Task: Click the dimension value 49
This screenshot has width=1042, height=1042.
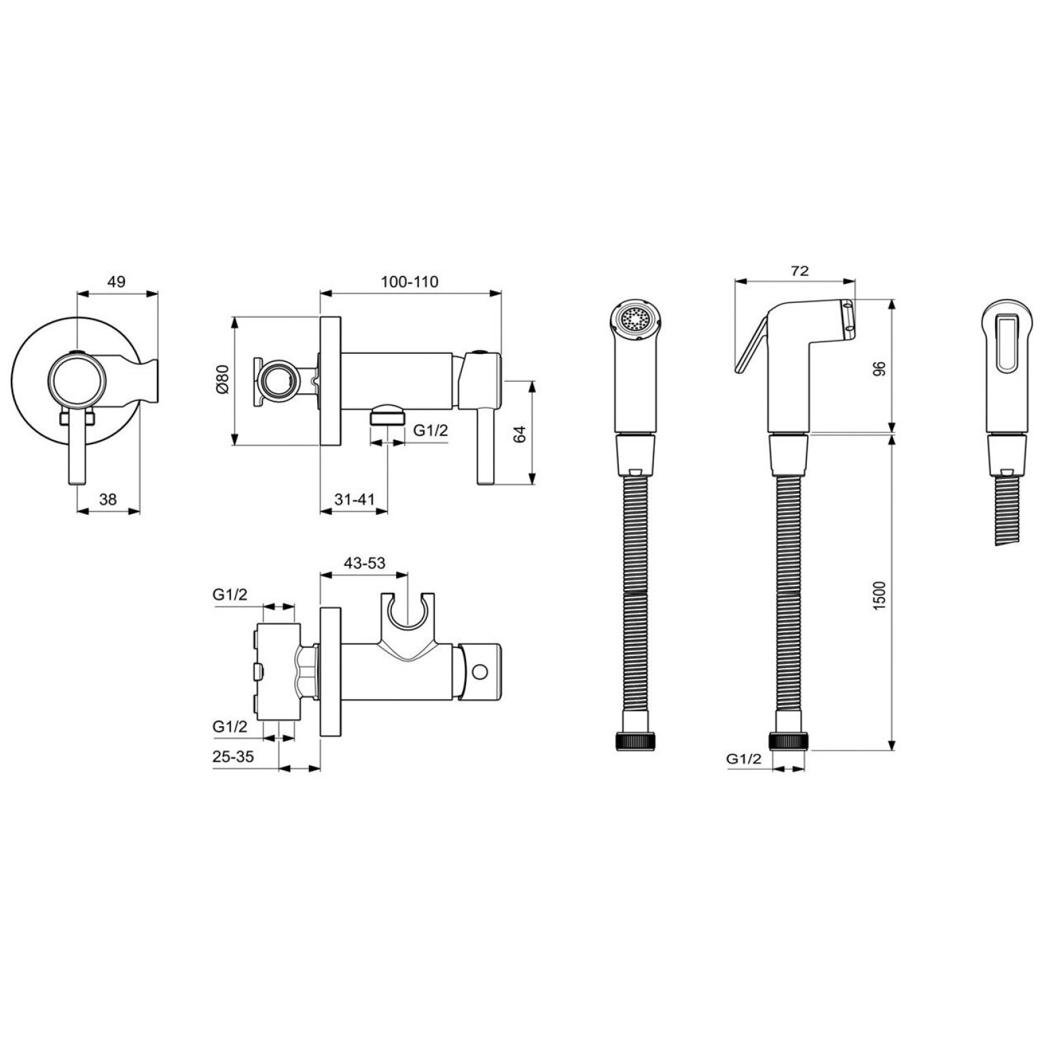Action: coord(117,281)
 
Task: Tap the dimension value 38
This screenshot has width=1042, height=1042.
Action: coord(108,499)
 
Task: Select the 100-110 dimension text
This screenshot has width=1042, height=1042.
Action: coord(410,281)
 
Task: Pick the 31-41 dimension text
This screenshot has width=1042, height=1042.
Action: coord(355,499)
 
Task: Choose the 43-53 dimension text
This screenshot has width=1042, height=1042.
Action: coord(365,562)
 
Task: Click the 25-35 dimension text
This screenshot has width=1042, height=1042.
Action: coord(233,756)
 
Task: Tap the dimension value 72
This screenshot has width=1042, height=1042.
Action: coord(800,270)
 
